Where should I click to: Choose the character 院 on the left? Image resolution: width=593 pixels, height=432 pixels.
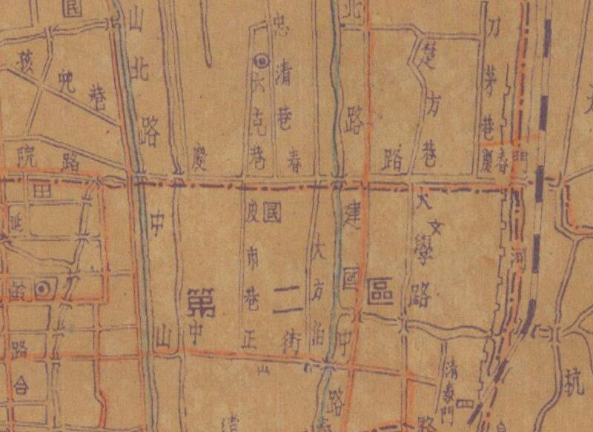[27, 156]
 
